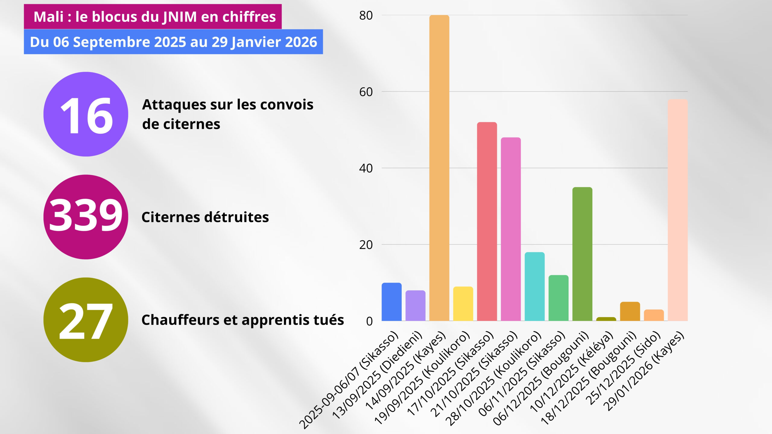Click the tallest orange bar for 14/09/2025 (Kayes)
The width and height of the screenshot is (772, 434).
(439, 169)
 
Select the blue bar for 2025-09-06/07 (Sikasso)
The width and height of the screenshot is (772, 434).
(391, 302)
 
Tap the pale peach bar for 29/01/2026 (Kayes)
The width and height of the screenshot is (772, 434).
(678, 211)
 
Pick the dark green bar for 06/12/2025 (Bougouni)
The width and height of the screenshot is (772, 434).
(582, 255)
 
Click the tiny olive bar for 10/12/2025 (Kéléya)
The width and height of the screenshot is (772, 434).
(606, 319)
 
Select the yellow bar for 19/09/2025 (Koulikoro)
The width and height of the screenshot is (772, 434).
(463, 304)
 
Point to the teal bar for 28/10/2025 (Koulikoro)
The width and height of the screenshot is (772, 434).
(534, 287)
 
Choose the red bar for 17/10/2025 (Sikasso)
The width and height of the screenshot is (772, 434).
(487, 222)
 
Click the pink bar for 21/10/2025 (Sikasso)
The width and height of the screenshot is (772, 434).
(511, 229)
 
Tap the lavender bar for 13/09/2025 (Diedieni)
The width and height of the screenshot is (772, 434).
(415, 306)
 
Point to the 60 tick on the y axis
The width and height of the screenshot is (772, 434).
(366, 92)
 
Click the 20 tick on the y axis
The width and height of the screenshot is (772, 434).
(366, 245)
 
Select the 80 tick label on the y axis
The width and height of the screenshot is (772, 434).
(366, 16)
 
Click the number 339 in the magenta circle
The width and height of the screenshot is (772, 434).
(86, 216)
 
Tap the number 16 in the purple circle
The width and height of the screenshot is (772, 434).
(86, 116)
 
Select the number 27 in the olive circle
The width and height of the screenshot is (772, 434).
(86, 321)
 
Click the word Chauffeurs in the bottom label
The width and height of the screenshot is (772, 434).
(180, 320)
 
